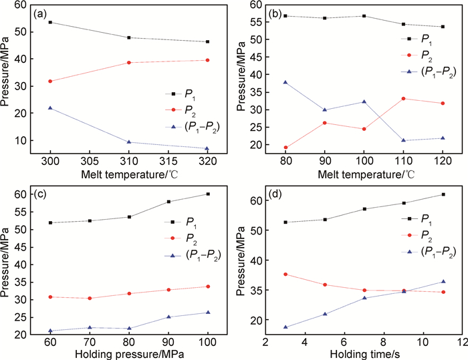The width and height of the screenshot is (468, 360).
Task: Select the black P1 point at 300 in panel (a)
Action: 50,22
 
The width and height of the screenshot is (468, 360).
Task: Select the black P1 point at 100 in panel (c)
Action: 208,194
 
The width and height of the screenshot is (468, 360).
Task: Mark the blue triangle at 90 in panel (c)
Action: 168,317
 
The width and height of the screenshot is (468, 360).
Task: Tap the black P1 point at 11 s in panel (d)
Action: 443,194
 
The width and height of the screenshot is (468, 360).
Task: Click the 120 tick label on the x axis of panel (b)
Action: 443,163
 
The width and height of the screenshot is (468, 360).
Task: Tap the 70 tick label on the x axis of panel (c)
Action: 90,341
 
